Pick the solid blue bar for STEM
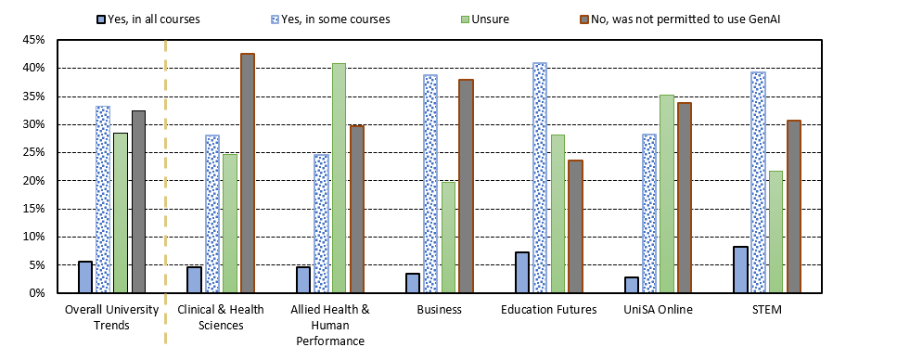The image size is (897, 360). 740,270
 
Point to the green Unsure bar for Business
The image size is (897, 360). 448,238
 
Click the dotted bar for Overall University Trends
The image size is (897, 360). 103,199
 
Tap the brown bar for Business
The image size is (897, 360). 466,186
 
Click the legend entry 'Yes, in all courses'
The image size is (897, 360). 159,19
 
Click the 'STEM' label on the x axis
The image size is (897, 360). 766,310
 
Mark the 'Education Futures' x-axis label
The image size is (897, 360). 547,310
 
